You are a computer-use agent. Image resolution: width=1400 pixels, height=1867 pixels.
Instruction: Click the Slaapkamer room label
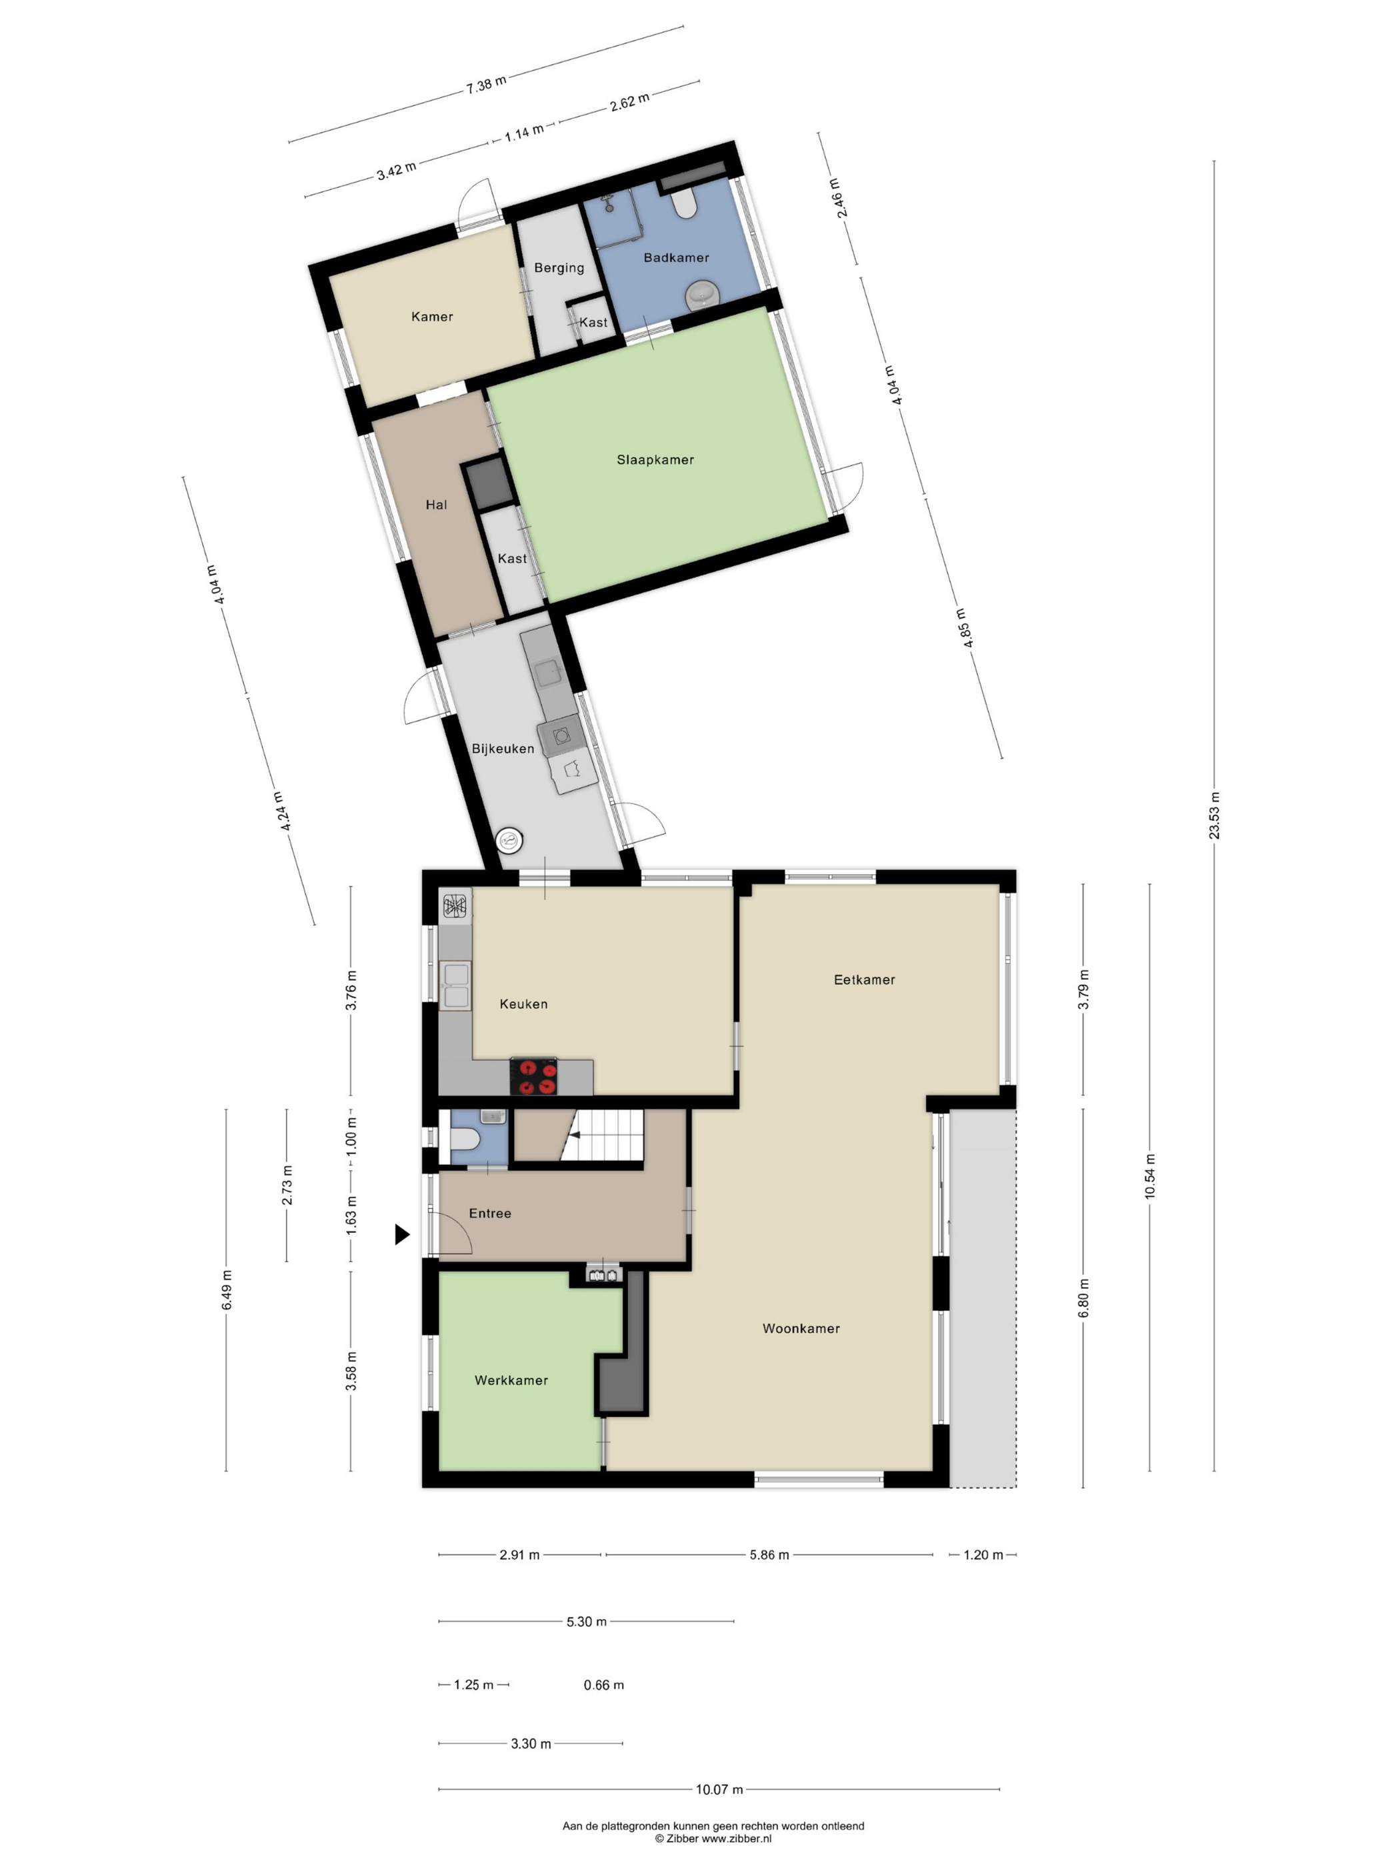pos(655,460)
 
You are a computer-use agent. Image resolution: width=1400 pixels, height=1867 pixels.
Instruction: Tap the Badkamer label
pos(676,257)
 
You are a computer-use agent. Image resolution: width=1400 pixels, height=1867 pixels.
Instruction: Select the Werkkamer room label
pos(511,1380)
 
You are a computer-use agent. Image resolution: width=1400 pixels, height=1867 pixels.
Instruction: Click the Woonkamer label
pos(801,1328)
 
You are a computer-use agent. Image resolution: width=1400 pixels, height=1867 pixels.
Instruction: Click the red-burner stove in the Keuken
pos(533,1076)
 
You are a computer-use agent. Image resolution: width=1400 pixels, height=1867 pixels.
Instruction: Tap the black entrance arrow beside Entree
pos(403,1234)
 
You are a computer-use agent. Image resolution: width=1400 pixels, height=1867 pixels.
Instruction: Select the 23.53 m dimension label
pos(1215,815)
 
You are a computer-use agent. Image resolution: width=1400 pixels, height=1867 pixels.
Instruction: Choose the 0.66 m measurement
pos(603,1685)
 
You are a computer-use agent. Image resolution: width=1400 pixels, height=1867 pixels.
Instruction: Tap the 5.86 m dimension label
pos(769,1555)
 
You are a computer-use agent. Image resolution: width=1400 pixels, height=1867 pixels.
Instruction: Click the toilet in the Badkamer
pos(683,203)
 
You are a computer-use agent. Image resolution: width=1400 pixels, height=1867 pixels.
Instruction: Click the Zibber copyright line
pos(713,1838)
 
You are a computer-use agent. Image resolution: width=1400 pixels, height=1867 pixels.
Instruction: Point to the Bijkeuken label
pos(502,749)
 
